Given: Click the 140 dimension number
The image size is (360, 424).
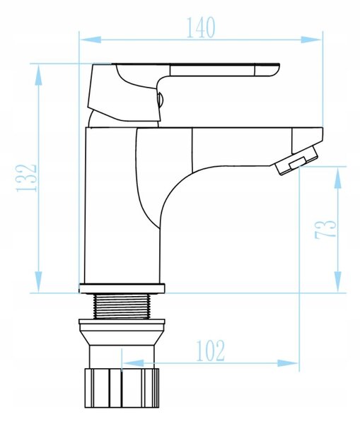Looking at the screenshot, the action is click(x=201, y=28).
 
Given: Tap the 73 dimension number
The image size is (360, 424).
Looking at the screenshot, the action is click(x=325, y=229).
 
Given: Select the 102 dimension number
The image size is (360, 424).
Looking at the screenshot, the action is click(x=210, y=351).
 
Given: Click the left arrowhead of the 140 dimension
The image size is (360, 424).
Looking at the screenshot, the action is click(x=91, y=40).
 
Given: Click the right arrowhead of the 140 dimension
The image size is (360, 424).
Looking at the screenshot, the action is click(x=311, y=40).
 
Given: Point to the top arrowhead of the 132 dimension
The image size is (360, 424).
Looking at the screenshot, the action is click(x=38, y=75).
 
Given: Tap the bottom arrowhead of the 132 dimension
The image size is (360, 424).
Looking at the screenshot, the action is click(x=38, y=281).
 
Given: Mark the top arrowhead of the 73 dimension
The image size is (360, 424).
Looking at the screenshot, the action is click(x=337, y=178).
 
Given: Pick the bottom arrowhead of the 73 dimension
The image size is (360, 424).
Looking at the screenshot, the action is click(x=337, y=281).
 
